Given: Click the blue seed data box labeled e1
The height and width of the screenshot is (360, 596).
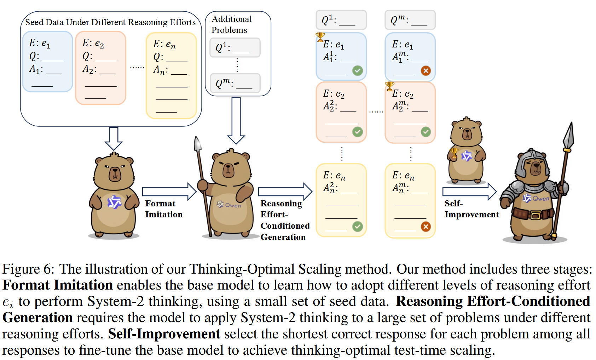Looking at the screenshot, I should coord(47,61).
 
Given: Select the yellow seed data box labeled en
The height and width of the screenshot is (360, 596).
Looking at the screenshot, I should coord(171,75).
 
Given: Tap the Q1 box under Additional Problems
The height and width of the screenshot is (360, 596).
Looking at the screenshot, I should coord(235,48).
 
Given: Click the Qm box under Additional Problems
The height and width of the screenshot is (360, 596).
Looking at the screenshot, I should coord(235,83).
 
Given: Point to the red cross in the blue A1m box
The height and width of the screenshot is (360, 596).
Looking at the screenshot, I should coord(426,71).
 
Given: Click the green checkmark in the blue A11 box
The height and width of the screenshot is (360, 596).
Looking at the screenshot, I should coord(358,71).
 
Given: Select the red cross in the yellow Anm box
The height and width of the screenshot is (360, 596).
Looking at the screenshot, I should coord(426,227).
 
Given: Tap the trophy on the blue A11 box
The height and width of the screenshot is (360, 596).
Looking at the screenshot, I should coord(320,37).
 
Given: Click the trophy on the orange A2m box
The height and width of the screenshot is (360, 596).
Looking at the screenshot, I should coord(389,86).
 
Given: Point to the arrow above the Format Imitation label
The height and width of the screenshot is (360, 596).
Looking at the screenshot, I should coord(169,192).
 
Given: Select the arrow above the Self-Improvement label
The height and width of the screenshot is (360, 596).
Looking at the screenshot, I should coord(469,192).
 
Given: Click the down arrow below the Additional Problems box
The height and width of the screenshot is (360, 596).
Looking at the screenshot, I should coord(236,121).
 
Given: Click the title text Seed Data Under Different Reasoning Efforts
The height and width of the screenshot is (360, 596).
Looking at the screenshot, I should coord(110,22).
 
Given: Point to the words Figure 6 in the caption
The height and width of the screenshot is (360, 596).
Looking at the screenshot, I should coord(28,269).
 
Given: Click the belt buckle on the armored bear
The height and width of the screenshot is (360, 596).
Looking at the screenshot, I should coord(535,215).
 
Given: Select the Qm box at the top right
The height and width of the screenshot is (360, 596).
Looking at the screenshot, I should coord(410,20).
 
